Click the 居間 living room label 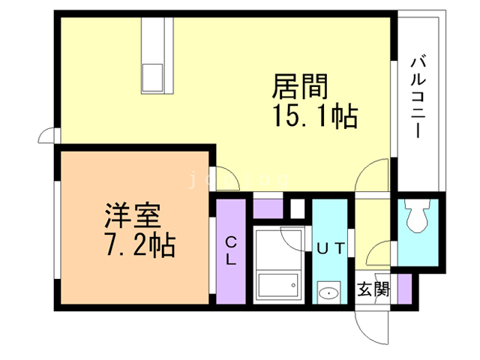[x=299, y=88]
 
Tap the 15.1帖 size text [x=313, y=117]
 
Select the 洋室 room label [x=131, y=217]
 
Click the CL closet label [x=231, y=251]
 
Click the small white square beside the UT [x=297, y=206]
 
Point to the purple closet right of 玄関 [x=405, y=288]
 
